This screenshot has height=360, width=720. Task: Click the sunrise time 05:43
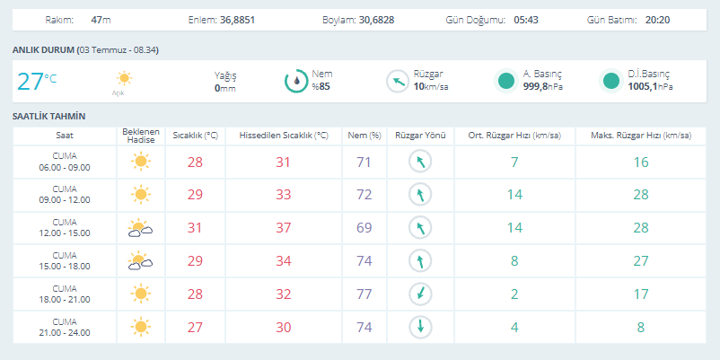click(x=526, y=21)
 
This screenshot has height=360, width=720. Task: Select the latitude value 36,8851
click(x=237, y=21)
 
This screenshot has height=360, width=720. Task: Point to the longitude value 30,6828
click(x=377, y=21)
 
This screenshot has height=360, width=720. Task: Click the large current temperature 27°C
click(x=37, y=82)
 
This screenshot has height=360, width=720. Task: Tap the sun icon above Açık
click(x=124, y=78)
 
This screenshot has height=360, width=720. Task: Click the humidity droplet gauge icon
click(x=296, y=82)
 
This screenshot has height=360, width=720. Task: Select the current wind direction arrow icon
click(x=397, y=82)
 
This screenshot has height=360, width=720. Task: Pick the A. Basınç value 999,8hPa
click(x=543, y=86)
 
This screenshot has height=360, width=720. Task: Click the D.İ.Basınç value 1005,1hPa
click(x=650, y=86)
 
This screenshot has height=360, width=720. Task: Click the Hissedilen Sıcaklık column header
click(x=284, y=136)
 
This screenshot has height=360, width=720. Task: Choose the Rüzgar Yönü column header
click(x=421, y=136)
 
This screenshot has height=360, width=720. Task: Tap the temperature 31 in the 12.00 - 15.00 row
click(x=195, y=228)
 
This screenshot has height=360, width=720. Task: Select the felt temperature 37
click(x=284, y=228)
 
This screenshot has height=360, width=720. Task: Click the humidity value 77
click(x=364, y=294)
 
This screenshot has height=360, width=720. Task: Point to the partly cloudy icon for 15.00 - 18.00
click(x=140, y=260)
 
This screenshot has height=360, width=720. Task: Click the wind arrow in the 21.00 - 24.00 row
click(x=420, y=327)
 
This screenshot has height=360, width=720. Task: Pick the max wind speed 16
click(x=641, y=162)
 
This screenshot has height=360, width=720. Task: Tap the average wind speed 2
click(x=514, y=294)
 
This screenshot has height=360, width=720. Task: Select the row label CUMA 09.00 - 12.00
click(x=65, y=195)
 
